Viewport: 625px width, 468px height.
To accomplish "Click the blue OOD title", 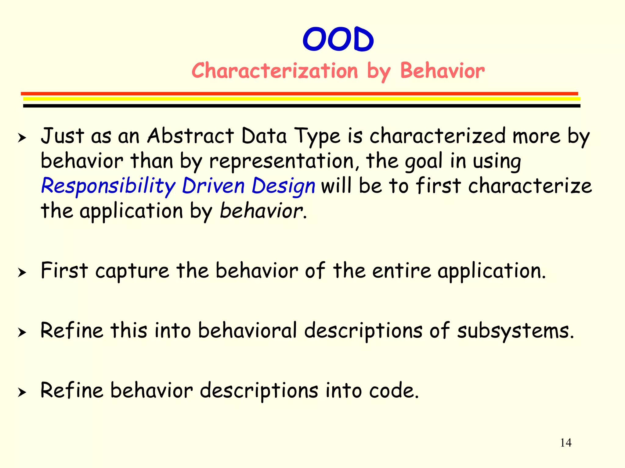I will pyautogui.click(x=338, y=40).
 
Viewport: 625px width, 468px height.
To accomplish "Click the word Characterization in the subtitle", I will pyautogui.click(x=275, y=71).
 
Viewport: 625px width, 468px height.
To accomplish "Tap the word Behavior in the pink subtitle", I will pyautogui.click(x=442, y=71).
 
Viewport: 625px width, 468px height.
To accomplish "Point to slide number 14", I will pyautogui.click(x=566, y=443).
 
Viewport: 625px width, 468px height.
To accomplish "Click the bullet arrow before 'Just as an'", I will pyautogui.click(x=22, y=138).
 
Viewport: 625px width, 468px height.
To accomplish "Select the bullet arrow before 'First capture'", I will pyautogui.click(x=22, y=272).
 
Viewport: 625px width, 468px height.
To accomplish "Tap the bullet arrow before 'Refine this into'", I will pyautogui.click(x=22, y=332).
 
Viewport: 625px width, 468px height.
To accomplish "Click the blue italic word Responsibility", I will pyautogui.click(x=108, y=186).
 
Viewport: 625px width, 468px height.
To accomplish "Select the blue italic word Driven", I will pyautogui.click(x=213, y=186).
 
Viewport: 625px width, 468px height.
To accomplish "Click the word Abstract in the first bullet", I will pyautogui.click(x=190, y=136).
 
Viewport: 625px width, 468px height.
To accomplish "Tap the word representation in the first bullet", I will pyautogui.click(x=281, y=161).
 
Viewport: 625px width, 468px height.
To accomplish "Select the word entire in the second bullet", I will pyautogui.click(x=402, y=271).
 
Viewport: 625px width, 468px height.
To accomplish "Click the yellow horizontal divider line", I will pyautogui.click(x=302, y=99).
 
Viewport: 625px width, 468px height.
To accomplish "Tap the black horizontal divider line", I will pyautogui.click(x=302, y=106).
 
